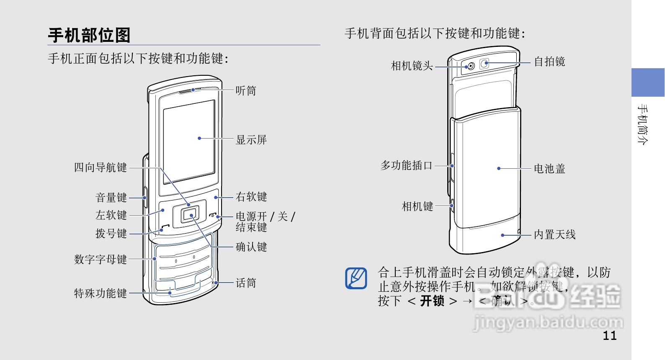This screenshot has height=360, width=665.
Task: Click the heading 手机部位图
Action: point(89,35)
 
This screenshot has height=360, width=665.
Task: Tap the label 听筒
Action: point(246,90)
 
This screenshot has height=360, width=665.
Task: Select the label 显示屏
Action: point(251,140)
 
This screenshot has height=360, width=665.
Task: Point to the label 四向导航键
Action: point(101,167)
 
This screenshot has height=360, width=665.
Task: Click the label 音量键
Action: point(111,198)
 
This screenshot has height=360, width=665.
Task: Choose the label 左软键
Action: point(111,215)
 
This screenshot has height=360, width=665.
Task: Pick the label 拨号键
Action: point(111,233)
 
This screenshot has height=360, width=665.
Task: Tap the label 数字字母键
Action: point(101,260)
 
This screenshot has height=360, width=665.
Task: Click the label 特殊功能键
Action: point(101,293)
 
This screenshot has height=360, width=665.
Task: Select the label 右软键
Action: point(251,197)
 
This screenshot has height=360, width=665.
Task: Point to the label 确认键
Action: point(251,247)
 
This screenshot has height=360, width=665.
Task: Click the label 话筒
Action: point(246,283)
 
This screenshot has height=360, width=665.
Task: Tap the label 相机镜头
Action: point(412,66)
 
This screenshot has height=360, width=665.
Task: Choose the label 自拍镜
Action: point(549,62)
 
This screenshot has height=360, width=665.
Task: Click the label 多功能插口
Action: point(406,166)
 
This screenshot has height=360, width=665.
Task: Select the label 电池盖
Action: point(549,169)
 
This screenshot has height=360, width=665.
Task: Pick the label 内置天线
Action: point(554,234)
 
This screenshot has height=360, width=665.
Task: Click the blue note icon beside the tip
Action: point(356,278)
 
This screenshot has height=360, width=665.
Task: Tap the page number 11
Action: point(610,336)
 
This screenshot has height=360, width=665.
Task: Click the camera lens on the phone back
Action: point(471,66)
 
